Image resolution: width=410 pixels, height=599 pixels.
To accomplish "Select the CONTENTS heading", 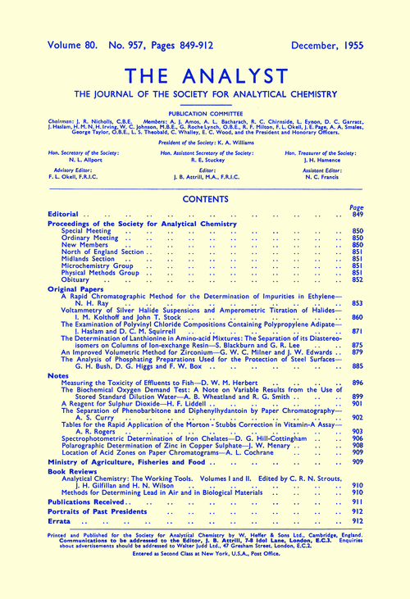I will coord(205,198).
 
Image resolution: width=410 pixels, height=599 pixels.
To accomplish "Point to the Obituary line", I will coord(77,279).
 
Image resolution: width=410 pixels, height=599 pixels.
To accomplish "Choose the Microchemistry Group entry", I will coord(99,265).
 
